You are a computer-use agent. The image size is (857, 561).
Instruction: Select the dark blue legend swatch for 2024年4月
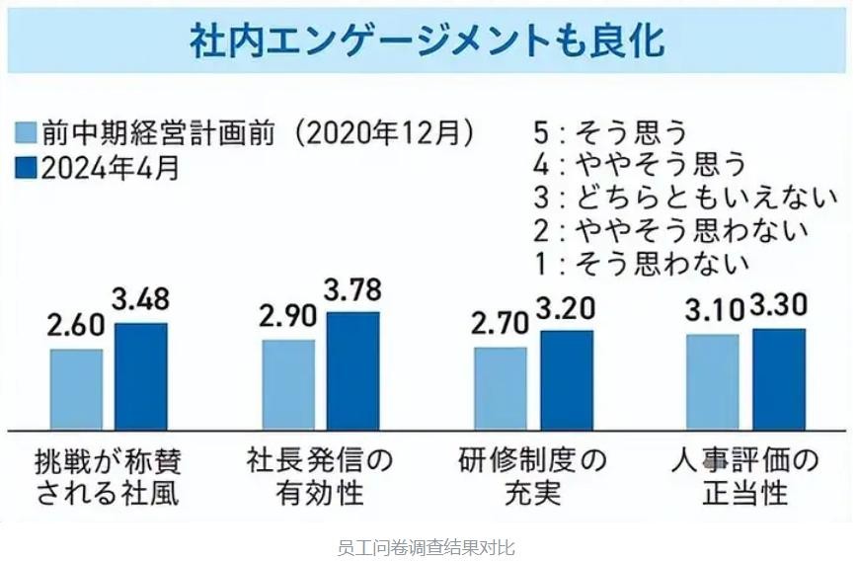point(27,169)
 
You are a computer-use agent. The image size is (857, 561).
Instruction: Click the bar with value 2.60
point(76,389)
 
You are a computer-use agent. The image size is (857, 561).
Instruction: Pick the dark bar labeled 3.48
point(141,376)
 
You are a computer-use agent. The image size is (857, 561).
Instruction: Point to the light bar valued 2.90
point(288,384)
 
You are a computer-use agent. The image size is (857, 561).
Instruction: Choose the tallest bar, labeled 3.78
point(353,370)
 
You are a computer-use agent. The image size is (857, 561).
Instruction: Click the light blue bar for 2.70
point(501,388)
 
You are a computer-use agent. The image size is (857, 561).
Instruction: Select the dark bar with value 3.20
point(567,380)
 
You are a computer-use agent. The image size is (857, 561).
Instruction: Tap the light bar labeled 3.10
point(713,381)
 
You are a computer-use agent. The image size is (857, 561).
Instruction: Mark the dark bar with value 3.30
point(779,378)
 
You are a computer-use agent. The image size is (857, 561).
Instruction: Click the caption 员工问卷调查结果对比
point(427,546)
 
